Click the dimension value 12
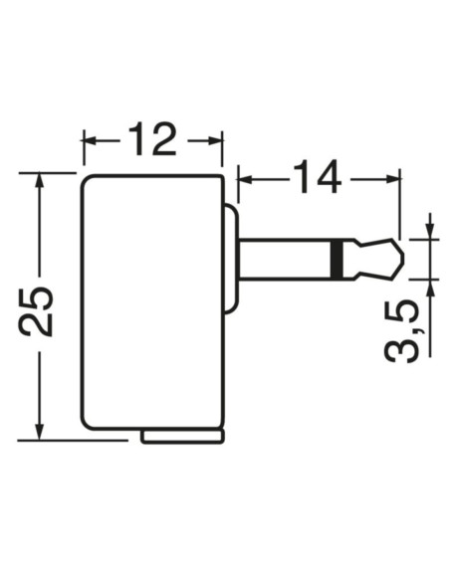[x=152, y=139]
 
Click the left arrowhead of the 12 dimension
[x=89, y=140]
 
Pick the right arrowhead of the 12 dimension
[x=216, y=140]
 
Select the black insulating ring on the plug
[x=342, y=259]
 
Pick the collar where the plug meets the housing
[x=231, y=259]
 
